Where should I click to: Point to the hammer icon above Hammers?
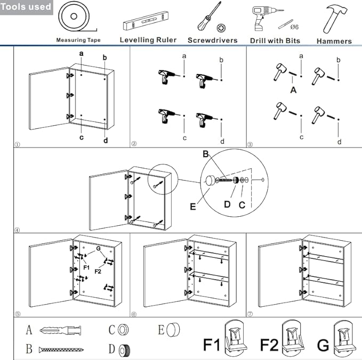click(x=333, y=18)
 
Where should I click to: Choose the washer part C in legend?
click(x=124, y=330)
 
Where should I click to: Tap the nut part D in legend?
click(x=124, y=350)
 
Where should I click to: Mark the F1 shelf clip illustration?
click(x=234, y=339)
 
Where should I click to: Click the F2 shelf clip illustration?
click(x=291, y=339)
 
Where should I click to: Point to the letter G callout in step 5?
click(x=98, y=249)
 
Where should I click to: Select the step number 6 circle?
click(x=134, y=314)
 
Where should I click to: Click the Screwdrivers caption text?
click(x=212, y=40)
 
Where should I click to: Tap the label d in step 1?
click(x=106, y=141)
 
